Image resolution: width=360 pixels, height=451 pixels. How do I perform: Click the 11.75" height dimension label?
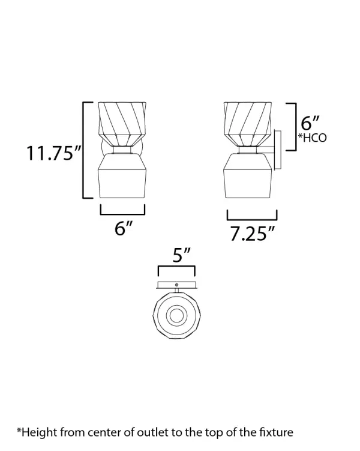[x=53, y=153]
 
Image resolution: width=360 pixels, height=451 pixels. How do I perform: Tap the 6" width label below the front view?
[x=123, y=228]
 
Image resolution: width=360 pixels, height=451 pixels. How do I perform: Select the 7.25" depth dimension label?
[x=251, y=234]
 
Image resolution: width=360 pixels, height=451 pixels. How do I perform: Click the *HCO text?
[x=312, y=138]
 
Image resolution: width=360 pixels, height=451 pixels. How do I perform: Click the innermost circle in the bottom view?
[x=176, y=316]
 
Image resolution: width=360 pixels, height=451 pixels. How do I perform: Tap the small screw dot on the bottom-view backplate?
[x=176, y=285]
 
